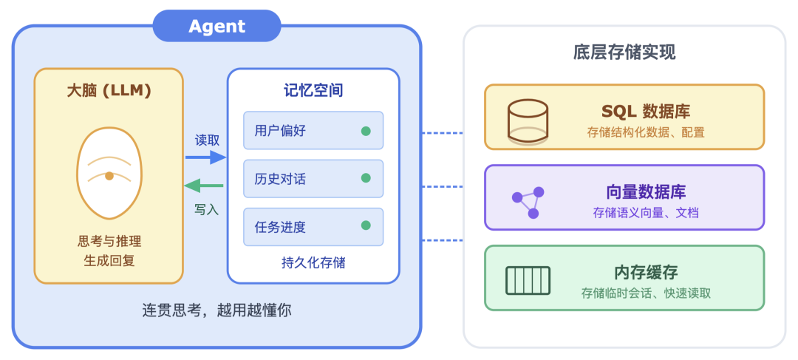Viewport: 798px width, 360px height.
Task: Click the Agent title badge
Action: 216,27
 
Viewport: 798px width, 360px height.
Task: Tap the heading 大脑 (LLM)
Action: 109,91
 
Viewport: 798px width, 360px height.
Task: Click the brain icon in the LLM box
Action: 109,173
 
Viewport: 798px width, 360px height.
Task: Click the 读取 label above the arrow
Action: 207,140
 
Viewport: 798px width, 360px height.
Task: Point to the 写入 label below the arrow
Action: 207,209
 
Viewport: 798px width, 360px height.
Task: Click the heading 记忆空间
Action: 313,90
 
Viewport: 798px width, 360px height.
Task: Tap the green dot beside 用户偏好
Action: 366,131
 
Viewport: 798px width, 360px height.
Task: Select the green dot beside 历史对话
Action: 366,178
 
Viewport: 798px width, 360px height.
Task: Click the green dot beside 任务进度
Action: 366,226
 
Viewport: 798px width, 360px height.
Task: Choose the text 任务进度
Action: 280,227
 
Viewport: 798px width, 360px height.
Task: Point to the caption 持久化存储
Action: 313,262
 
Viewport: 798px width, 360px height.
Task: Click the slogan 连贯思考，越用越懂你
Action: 216,310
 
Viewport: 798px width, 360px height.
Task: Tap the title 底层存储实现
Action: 624,52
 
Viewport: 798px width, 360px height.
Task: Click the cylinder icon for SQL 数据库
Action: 528,121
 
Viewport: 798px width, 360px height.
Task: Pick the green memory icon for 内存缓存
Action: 528,280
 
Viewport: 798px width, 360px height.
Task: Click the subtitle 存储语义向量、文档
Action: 646,213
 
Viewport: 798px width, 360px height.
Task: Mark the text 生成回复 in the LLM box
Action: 109,260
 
